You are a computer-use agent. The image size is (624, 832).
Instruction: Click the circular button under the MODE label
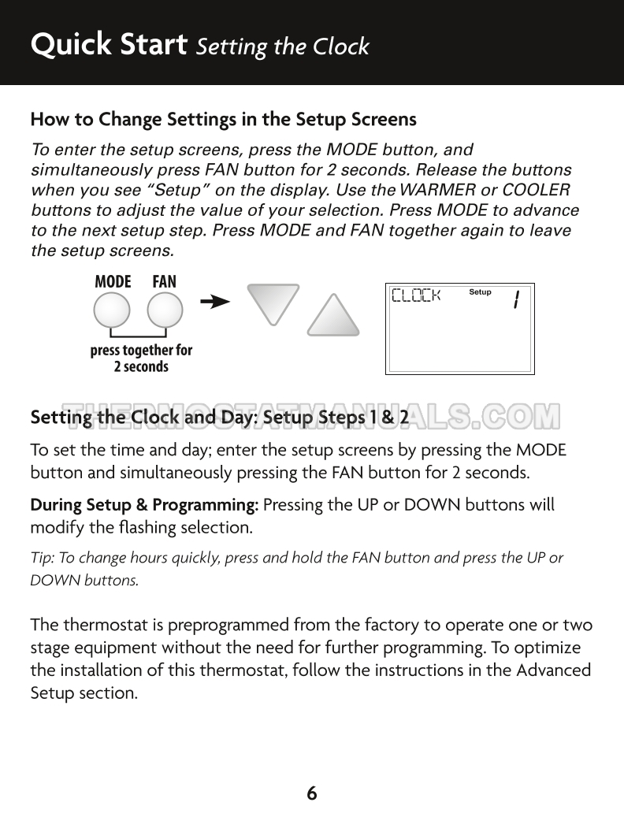pyautogui.click(x=112, y=311)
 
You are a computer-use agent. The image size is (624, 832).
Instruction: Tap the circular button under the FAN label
pyautogui.click(x=165, y=311)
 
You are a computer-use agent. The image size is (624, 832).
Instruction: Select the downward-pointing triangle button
pyautogui.click(x=273, y=303)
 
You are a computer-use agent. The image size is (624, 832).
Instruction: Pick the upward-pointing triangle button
pyautogui.click(x=333, y=317)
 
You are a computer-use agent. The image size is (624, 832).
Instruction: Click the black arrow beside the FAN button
pyautogui.click(x=215, y=302)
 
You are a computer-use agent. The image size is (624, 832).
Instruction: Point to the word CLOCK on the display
pyautogui.click(x=416, y=296)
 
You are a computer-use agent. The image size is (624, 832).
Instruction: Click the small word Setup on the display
pyautogui.click(x=480, y=292)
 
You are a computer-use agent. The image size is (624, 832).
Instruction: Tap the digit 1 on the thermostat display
pyautogui.click(x=515, y=299)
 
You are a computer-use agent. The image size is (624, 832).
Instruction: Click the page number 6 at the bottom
pyautogui.click(x=312, y=793)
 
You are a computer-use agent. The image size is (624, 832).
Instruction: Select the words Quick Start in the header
pyautogui.click(x=108, y=45)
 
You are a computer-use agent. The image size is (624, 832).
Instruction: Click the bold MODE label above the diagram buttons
pyautogui.click(x=113, y=281)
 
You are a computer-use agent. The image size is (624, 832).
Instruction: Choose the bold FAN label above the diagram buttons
pyautogui.click(x=165, y=281)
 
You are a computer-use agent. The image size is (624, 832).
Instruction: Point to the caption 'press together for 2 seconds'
pyautogui.click(x=141, y=358)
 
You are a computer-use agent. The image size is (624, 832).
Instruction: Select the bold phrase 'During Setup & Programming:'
pyautogui.click(x=144, y=504)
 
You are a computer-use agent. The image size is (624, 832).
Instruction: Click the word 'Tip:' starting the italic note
pyautogui.click(x=41, y=558)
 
